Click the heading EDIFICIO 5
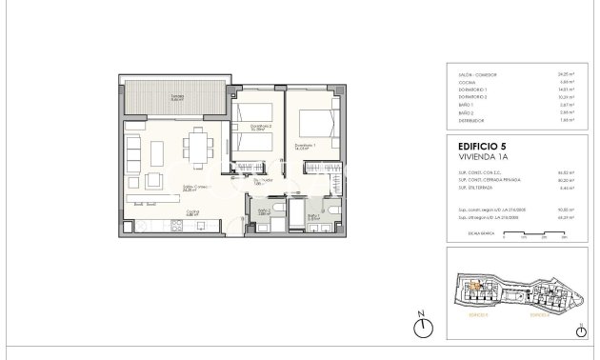coord(478,146)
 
